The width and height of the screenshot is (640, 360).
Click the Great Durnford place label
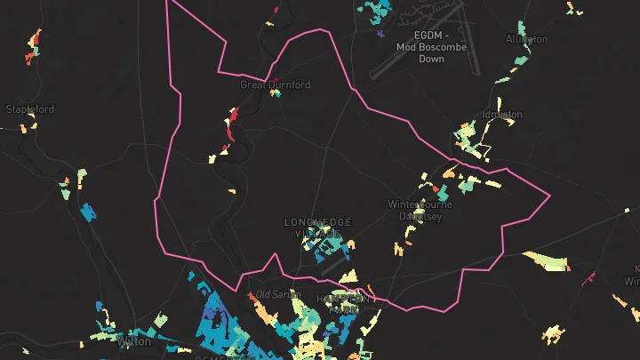pos(276,85)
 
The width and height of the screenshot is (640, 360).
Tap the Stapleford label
pos(30,109)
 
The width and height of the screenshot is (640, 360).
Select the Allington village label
pos(526,39)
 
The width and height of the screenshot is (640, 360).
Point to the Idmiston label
pos(501,115)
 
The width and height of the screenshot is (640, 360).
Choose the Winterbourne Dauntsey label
pos(420,210)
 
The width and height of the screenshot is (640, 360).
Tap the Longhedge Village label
pos(318,227)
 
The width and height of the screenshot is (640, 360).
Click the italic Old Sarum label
pos(275,294)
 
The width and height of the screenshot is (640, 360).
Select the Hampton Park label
pos(341,304)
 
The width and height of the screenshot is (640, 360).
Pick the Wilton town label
pos(133,340)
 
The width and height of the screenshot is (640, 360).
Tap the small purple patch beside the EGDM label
pos(380,34)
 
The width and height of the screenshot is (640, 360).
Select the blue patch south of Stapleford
pos(88,212)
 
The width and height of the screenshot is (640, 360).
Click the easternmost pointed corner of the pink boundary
pos(550,195)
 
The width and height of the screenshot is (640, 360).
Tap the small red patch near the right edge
pos(588,278)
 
